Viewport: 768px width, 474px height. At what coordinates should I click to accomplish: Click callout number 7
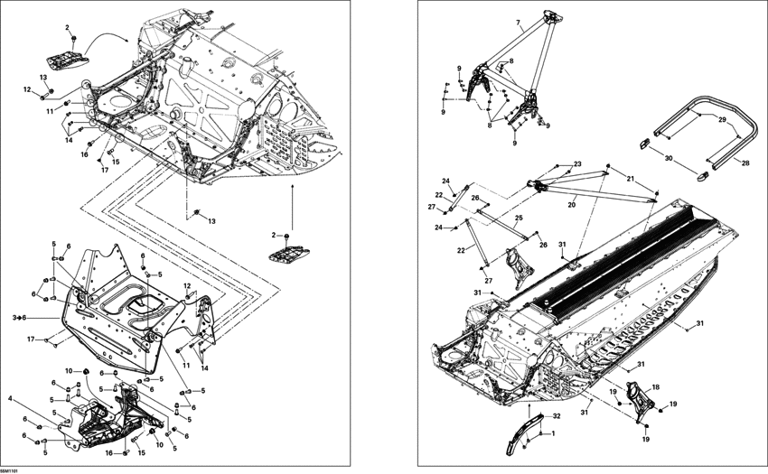pyautogui.click(x=518, y=22)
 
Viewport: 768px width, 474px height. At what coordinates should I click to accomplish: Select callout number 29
pyautogui.click(x=722, y=120)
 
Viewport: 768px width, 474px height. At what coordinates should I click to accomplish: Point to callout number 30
pyautogui.click(x=669, y=158)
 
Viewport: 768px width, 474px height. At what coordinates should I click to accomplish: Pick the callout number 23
pyautogui.click(x=577, y=163)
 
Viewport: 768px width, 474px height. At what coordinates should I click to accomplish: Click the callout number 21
pyautogui.click(x=631, y=177)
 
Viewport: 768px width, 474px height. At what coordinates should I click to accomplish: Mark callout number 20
pyautogui.click(x=571, y=205)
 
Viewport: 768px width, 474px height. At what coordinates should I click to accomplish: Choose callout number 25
pyautogui.click(x=519, y=218)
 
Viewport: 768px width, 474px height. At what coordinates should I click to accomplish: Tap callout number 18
pyautogui.click(x=656, y=386)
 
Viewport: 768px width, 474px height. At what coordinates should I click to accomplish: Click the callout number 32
pyautogui.click(x=557, y=416)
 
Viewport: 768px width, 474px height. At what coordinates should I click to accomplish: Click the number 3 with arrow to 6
pyautogui.click(x=19, y=318)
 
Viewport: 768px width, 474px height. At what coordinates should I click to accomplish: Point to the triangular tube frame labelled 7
pyautogui.click(x=524, y=63)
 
